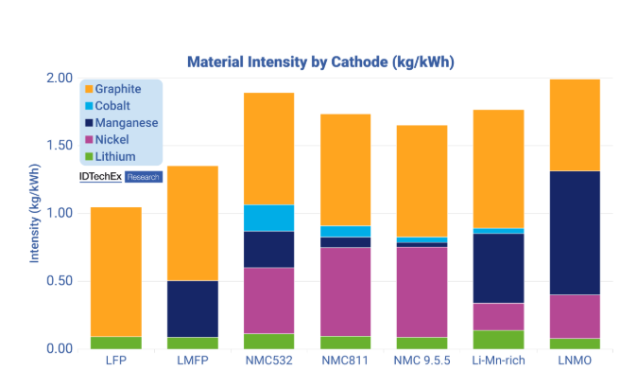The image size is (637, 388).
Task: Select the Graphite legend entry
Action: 117,89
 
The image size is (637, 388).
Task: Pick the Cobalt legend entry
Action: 112,106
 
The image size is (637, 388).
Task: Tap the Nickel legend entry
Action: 112,140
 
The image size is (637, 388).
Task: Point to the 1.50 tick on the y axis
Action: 59,145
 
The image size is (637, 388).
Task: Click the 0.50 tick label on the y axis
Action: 59,281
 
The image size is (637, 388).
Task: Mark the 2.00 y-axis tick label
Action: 59,78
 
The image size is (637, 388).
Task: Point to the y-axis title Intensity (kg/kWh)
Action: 35,213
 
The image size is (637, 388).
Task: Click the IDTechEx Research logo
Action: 121,177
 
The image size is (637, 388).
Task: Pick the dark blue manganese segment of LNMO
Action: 575,233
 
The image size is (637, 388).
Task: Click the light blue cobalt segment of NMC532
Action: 269,218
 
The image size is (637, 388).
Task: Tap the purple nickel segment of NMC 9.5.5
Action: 422,291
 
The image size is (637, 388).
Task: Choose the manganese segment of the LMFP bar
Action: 193,309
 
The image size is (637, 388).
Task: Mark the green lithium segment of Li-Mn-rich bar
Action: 498,339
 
